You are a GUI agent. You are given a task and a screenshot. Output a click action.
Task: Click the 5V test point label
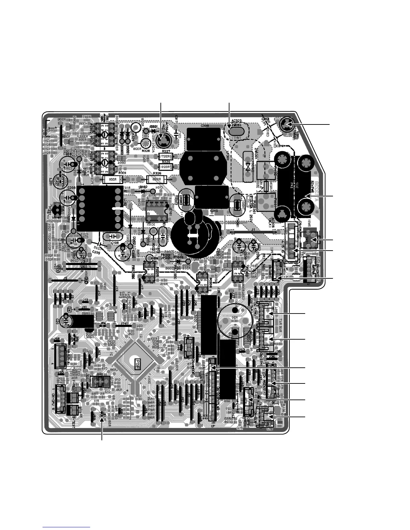click(x=70, y=309)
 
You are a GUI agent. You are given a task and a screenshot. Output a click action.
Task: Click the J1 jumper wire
click(x=255, y=232)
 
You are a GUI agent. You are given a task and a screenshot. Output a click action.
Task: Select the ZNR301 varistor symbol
click(x=248, y=167)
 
